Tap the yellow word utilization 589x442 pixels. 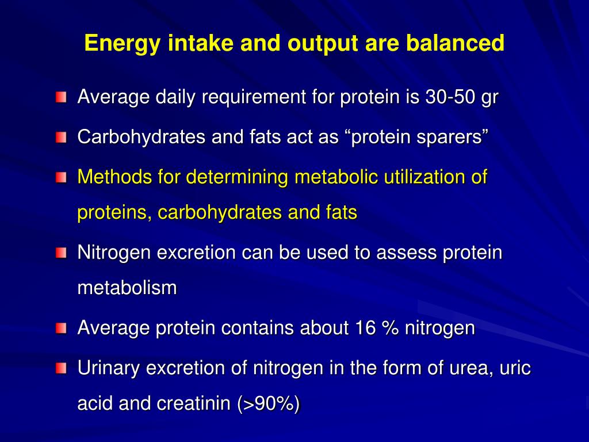tap(426, 177)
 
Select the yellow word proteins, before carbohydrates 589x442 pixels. tap(115, 213)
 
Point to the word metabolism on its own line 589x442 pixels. tap(127, 288)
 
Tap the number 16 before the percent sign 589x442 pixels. tap(362, 328)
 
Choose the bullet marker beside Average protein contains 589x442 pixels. tap(62, 329)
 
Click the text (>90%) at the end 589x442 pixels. tap(269, 404)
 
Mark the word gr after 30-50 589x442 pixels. tap(489, 97)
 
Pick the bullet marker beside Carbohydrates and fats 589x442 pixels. tap(62, 138)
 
